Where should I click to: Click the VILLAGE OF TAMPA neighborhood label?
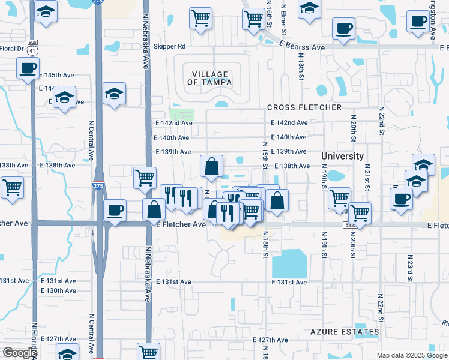coord(209,77)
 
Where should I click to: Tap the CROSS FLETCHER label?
coord(304,107)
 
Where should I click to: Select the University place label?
coord(342,156)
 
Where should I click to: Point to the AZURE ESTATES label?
coord(345,332)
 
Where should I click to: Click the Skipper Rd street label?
coord(170,46)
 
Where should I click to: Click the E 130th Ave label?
coord(58,290)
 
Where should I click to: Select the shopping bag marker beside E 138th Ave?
coord(212,167)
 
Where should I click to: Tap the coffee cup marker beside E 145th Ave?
coord(29,68)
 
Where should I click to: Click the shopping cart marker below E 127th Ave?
coord(148,352)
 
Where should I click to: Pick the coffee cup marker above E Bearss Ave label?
coord(343,28)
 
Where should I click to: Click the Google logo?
coord(20,353)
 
